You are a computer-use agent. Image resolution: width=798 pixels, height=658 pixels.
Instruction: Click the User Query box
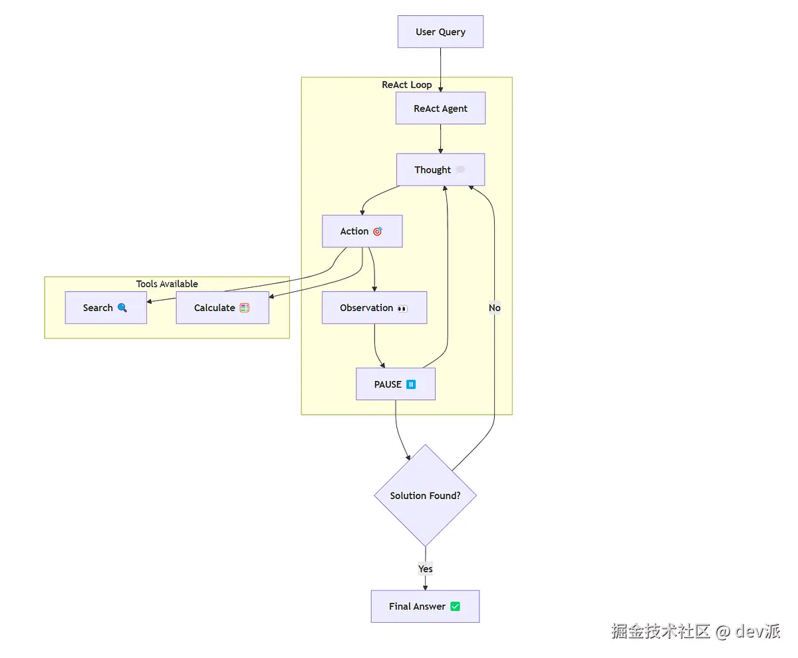click(440, 32)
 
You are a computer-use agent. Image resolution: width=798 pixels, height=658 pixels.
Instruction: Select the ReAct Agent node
click(440, 108)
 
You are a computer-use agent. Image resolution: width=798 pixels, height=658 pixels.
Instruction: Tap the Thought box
click(440, 170)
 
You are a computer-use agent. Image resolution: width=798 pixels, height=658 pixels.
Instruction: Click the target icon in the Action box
click(378, 231)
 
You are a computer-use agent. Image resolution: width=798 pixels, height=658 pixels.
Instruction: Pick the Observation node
click(374, 308)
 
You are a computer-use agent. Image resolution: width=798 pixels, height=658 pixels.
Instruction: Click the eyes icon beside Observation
click(402, 308)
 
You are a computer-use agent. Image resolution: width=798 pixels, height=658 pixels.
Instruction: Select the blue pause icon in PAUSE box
click(411, 384)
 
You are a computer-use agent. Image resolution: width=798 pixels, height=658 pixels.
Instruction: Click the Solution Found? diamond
click(426, 496)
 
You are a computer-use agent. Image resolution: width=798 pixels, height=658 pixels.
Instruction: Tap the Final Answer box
click(425, 606)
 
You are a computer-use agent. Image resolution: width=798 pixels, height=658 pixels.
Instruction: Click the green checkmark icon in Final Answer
click(455, 606)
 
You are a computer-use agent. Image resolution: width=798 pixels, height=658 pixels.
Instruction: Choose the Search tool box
click(106, 308)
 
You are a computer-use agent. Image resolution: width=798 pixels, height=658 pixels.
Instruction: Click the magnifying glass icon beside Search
click(122, 308)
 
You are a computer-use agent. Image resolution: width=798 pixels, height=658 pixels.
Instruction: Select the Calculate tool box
click(222, 308)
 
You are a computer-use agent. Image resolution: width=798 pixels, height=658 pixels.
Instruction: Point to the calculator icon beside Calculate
click(244, 308)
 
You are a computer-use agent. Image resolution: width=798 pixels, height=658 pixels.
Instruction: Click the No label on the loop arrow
click(495, 308)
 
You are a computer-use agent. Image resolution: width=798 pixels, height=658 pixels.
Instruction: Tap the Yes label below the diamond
click(426, 569)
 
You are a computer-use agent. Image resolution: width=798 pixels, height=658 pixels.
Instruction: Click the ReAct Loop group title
click(406, 84)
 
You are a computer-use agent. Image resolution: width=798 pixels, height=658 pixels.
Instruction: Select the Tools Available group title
click(167, 284)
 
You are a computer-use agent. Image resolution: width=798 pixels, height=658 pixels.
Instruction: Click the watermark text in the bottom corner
click(696, 631)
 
